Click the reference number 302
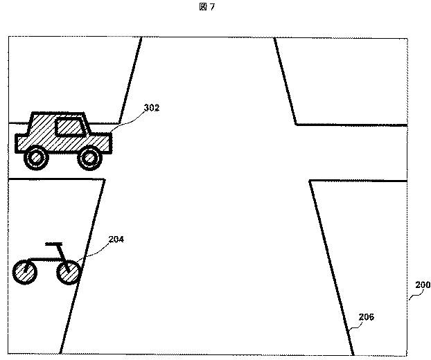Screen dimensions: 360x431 click(x=152, y=108)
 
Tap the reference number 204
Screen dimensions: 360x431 click(x=116, y=240)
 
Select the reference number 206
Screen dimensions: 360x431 click(x=367, y=317)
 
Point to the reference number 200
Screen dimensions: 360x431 click(x=422, y=285)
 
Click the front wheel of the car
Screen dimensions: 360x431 click(x=89, y=159)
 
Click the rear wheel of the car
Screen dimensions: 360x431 click(x=36, y=159)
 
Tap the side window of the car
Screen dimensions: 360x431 click(x=68, y=127)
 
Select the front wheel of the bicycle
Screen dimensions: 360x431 click(x=69, y=273)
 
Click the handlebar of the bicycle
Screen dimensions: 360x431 click(x=54, y=244)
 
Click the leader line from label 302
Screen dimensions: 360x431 click(x=127, y=118)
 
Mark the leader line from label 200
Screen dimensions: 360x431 click(x=413, y=294)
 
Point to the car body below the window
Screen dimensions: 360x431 click(x=62, y=143)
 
